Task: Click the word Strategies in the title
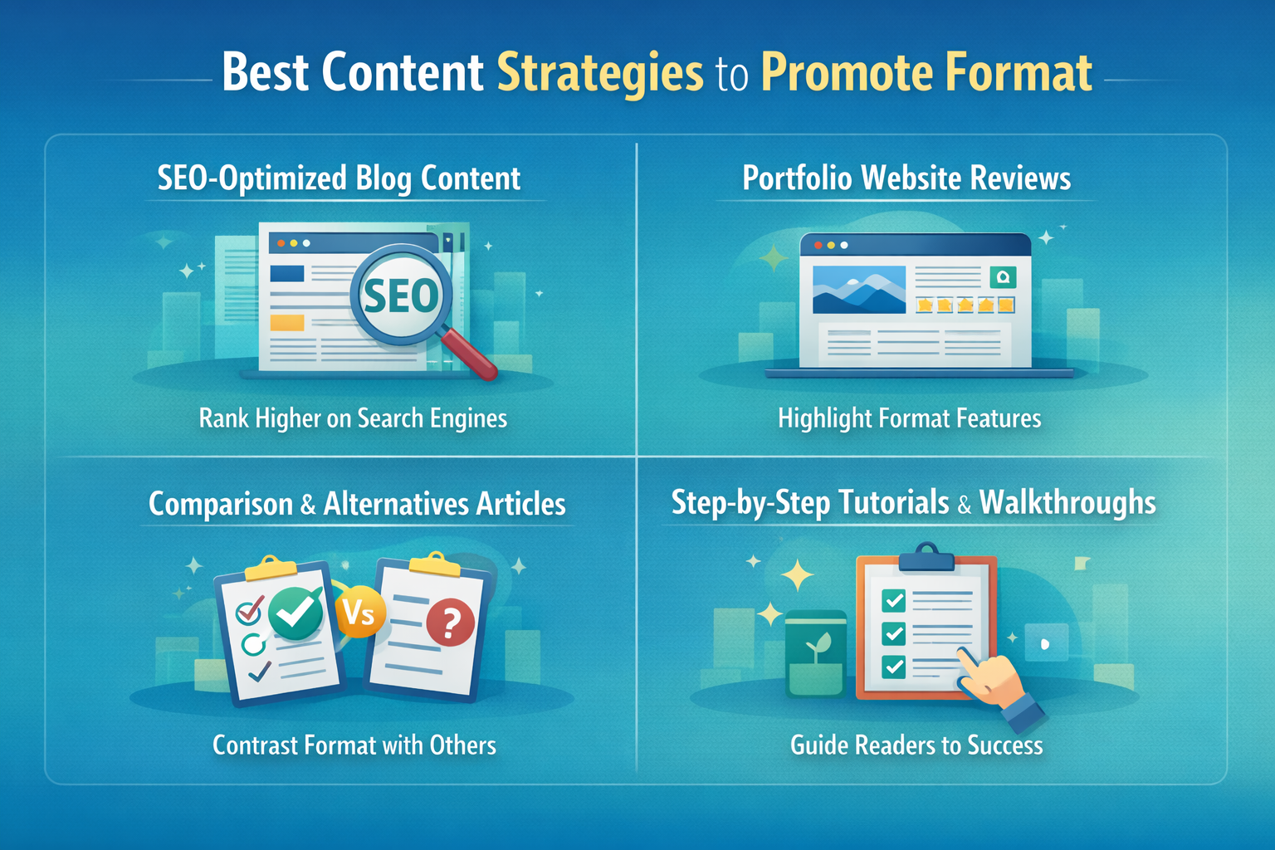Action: point(600,73)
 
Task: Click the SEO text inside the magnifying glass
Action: point(401,296)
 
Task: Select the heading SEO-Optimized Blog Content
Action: point(339,178)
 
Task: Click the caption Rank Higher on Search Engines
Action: point(353,418)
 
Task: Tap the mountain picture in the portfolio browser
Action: point(859,289)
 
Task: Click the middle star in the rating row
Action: point(965,305)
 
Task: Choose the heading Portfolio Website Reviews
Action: point(906,178)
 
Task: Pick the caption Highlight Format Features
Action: point(910,418)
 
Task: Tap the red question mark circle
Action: point(451,624)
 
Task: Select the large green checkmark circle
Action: point(296,614)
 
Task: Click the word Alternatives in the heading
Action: point(397,504)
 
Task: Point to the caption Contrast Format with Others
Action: point(354,745)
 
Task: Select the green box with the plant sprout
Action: point(815,654)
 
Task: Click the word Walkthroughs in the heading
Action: point(1067,502)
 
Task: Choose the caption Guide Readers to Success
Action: point(916,745)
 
